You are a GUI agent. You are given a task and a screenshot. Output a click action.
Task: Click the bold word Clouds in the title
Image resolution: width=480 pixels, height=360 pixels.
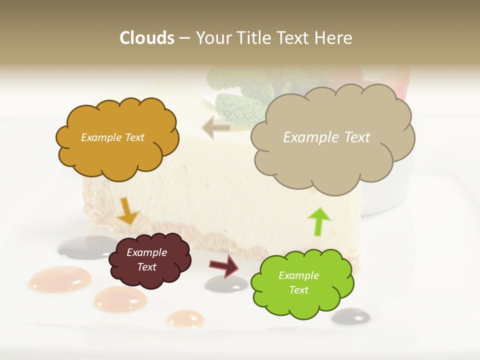[146, 38]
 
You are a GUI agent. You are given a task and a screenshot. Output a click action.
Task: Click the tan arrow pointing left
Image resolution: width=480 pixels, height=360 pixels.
[215, 127]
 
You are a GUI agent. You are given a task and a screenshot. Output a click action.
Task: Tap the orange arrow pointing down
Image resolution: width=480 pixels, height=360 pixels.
[127, 210]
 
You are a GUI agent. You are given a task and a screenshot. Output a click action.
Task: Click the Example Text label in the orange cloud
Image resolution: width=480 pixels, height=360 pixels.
[112, 137]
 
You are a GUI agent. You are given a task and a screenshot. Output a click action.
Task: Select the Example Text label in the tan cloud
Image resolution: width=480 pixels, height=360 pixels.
[326, 137]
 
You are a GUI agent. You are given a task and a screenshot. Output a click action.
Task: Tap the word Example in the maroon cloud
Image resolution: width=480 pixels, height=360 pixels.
[146, 252]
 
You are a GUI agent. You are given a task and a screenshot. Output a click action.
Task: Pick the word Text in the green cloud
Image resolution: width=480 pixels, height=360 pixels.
[298, 290]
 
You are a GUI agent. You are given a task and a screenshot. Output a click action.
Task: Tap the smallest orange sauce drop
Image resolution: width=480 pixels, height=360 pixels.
[184, 318]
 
